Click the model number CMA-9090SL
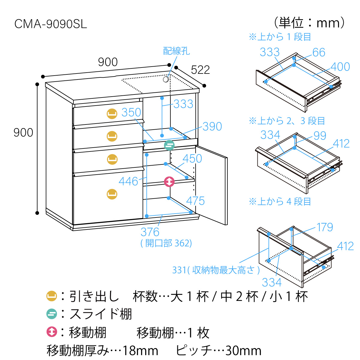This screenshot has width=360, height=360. click(51, 24)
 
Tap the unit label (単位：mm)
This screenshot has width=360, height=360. click(309, 22)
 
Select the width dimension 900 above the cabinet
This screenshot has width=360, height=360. click(108, 62)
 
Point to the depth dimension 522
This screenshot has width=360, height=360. click(200, 70)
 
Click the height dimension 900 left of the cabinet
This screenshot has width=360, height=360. click(23, 132)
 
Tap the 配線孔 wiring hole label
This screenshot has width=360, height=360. click(176, 51)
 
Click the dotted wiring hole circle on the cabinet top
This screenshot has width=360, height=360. click(166, 79)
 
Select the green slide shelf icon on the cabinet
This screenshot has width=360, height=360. click(169, 145)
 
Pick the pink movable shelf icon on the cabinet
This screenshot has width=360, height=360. click(169, 181)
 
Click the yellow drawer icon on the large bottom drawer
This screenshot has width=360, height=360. click(112, 194)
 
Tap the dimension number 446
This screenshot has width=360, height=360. click(128, 181)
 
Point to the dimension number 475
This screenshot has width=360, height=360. click(195, 201)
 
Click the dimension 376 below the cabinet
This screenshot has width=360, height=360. click(150, 232)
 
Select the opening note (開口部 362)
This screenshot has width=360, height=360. click(166, 243)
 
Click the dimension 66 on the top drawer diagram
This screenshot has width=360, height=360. click(319, 52)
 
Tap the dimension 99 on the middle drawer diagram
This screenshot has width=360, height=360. click(320, 136)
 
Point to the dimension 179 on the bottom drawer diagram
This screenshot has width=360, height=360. click(325, 227)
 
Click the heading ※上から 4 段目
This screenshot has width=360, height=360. click(280, 201)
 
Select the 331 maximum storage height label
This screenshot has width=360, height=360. click(216, 270)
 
